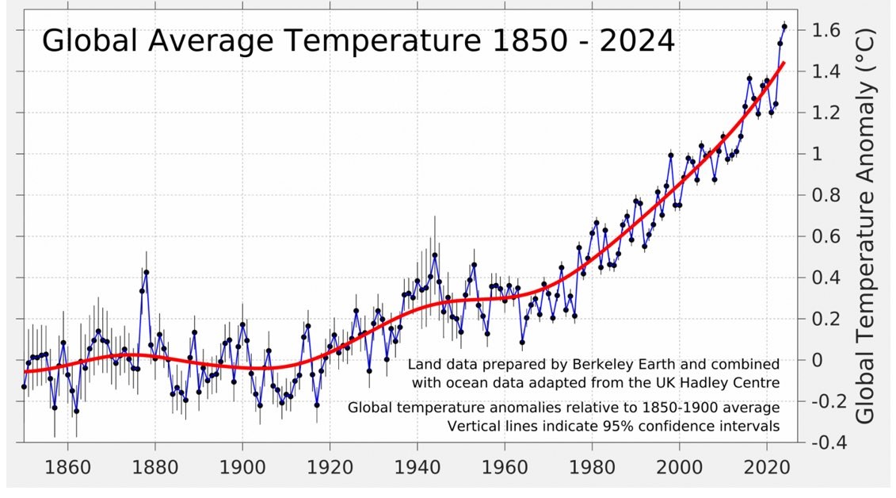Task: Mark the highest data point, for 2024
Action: [x=784, y=27]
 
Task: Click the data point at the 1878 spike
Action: [x=147, y=273]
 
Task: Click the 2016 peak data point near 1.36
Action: [x=749, y=79]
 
